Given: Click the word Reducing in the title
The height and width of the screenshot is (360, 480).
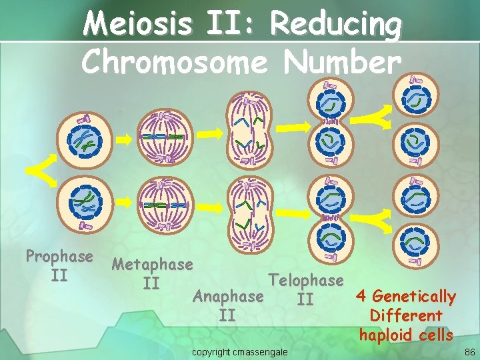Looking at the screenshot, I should pyautogui.click(x=336, y=25).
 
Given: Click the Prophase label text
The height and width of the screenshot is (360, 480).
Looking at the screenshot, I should pyautogui.click(x=59, y=257).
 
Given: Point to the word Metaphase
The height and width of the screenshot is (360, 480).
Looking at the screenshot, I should pyautogui.click(x=152, y=265).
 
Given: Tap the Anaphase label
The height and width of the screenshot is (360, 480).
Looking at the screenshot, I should pyautogui.click(x=227, y=296).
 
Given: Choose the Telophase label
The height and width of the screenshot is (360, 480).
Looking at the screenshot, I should pyautogui.click(x=305, y=281).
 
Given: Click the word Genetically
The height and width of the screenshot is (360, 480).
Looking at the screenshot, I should pyautogui.click(x=413, y=296).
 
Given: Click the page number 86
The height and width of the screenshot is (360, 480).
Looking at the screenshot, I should pyautogui.click(x=469, y=351).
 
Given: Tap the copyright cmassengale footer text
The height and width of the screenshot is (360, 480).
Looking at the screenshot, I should pyautogui.click(x=240, y=351).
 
